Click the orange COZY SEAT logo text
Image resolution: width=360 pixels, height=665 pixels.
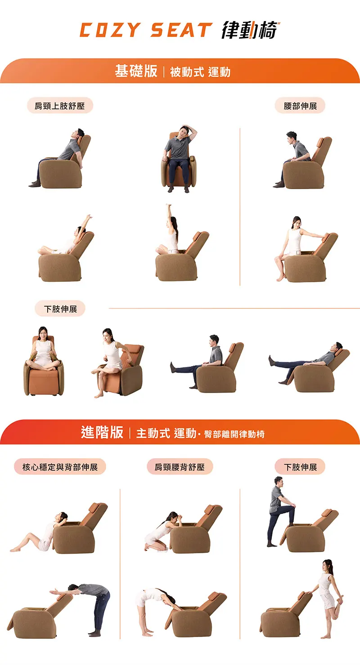pyautogui.click(x=146, y=30)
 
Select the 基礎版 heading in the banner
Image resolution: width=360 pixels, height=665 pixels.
pyautogui.click(x=136, y=71)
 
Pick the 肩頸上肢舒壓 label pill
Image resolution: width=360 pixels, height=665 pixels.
pyautogui.click(x=60, y=105)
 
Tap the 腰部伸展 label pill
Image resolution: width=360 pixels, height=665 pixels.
pyautogui.click(x=300, y=105)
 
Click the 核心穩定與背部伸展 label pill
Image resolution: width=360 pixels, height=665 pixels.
pyautogui.click(x=60, y=467)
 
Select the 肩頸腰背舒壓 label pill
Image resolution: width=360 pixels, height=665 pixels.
pyautogui.click(x=180, y=467)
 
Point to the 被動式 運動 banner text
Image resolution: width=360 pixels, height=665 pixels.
pyautogui.click(x=200, y=72)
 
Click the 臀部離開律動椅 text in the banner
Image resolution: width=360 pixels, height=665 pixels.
pyautogui.click(x=234, y=434)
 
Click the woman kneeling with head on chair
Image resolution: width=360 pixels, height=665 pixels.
pyautogui.click(x=162, y=531)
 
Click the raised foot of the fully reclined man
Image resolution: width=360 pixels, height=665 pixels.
pyautogui.click(x=271, y=360)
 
